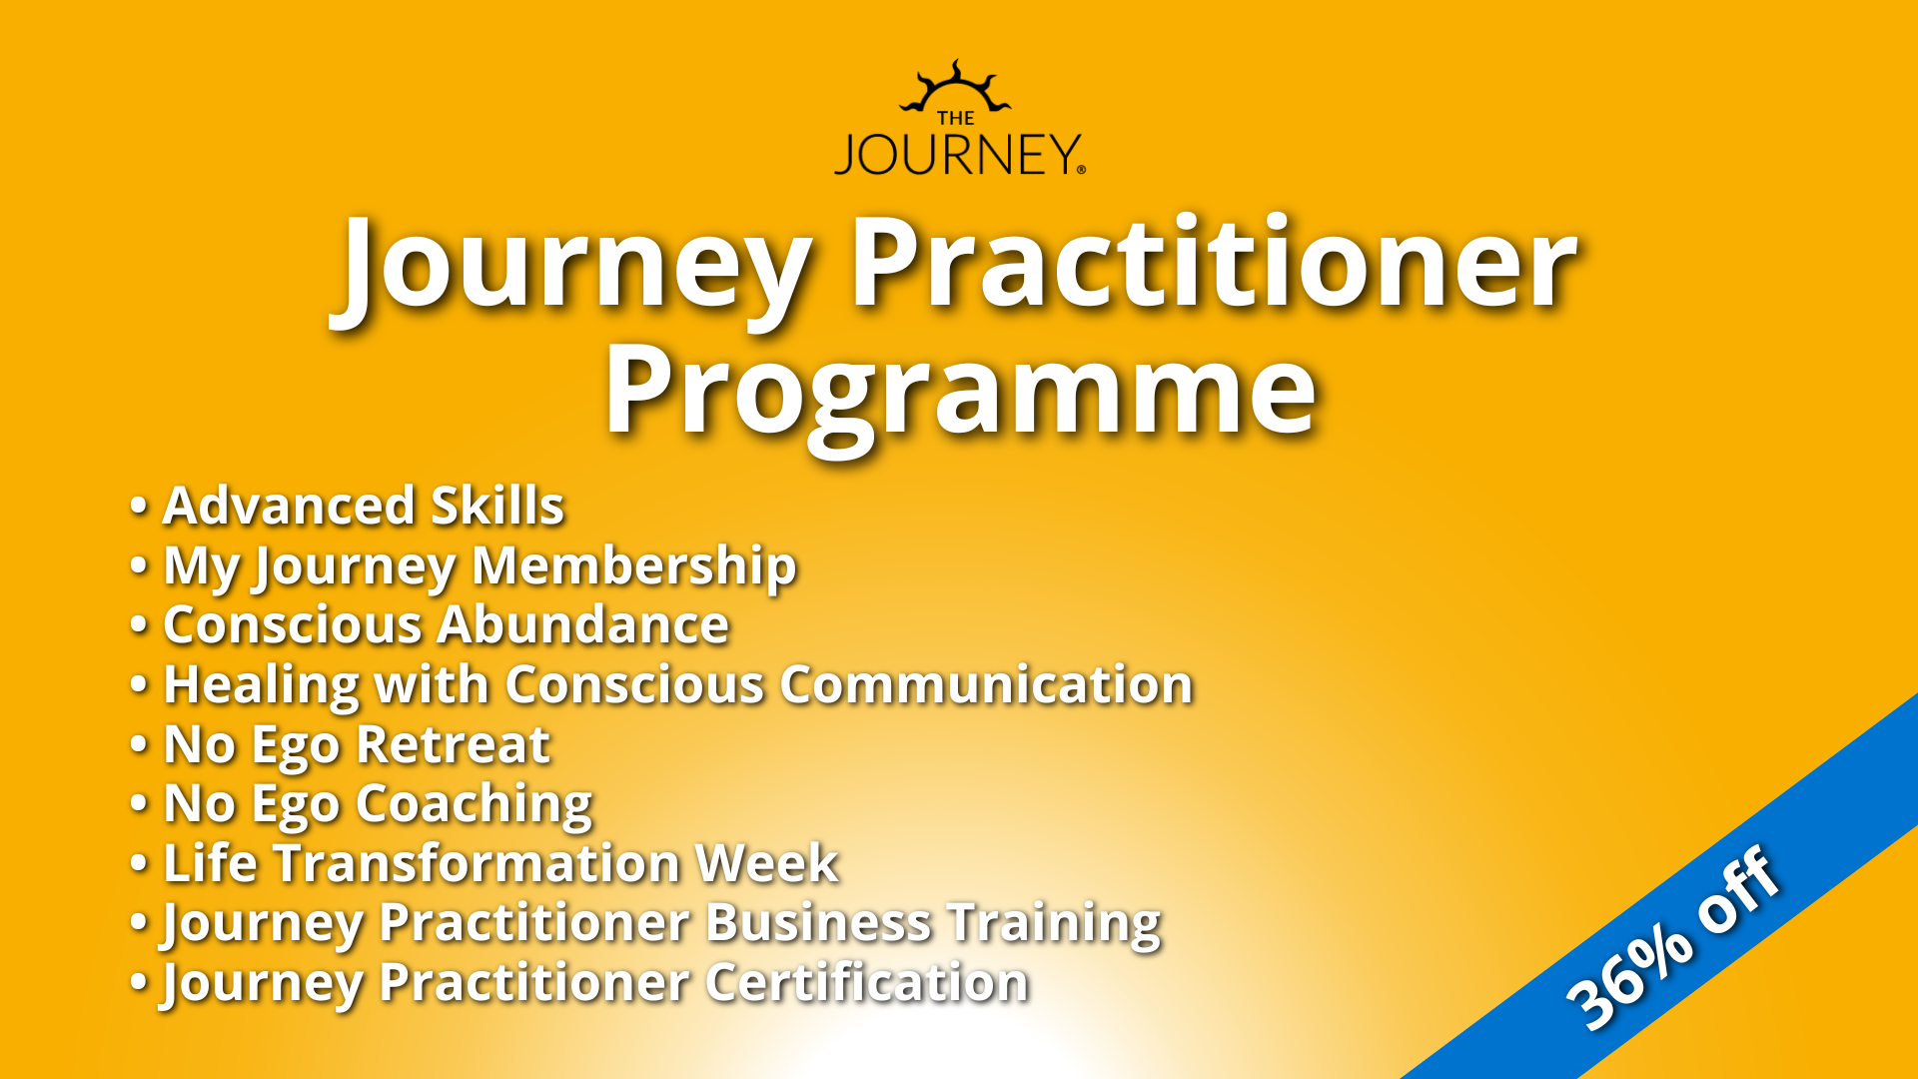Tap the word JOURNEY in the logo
(958, 155)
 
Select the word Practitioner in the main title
(1213, 264)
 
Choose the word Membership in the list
(634, 565)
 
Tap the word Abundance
(584, 625)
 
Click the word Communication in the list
(987, 685)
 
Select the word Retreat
(453, 744)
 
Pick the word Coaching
(475, 805)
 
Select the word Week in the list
(767, 863)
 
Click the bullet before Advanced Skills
(139, 507)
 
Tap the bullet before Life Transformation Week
(139, 864)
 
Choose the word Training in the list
(1054, 924)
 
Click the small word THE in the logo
(956, 118)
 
